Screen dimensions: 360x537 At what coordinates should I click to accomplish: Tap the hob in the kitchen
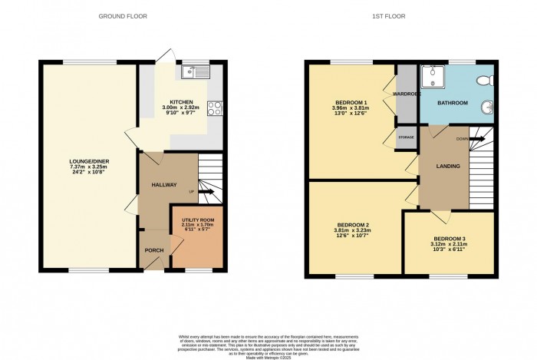(215, 109)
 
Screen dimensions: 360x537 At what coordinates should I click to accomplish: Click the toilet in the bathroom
(485, 80)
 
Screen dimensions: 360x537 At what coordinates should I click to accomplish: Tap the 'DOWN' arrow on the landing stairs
(475, 139)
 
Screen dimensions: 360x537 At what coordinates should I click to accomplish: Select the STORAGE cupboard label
(406, 137)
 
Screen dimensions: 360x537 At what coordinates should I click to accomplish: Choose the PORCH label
(153, 250)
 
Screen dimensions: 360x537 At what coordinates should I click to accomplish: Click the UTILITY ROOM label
(196, 220)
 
